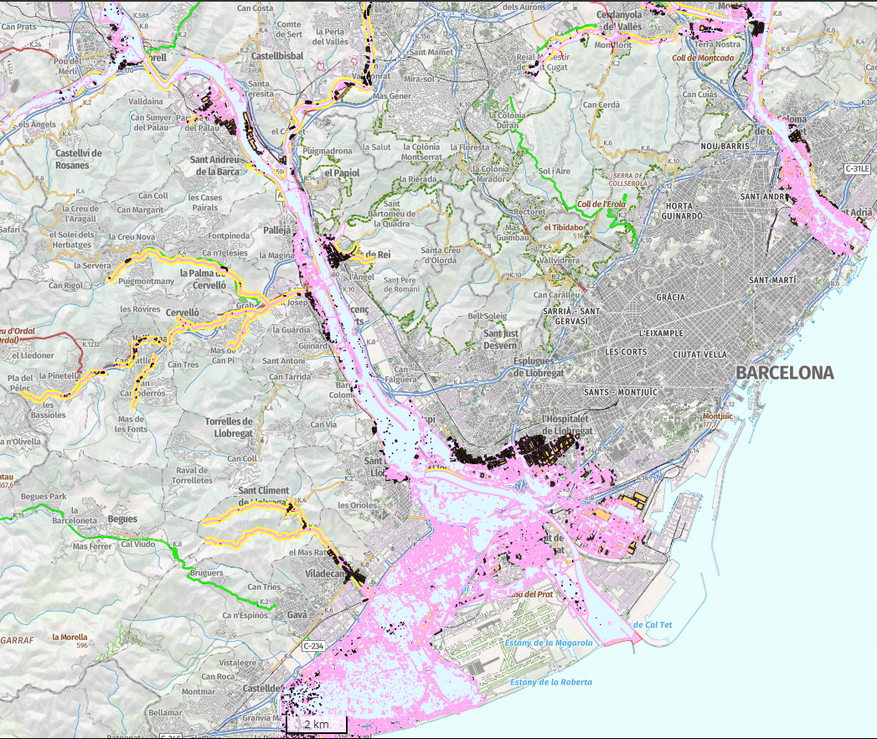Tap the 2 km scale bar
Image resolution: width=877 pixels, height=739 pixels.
316,723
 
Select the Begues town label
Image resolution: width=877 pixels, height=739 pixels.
122,519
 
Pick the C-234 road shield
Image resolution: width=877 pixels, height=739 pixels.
313,646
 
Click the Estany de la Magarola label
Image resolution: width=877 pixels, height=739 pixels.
549,643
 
